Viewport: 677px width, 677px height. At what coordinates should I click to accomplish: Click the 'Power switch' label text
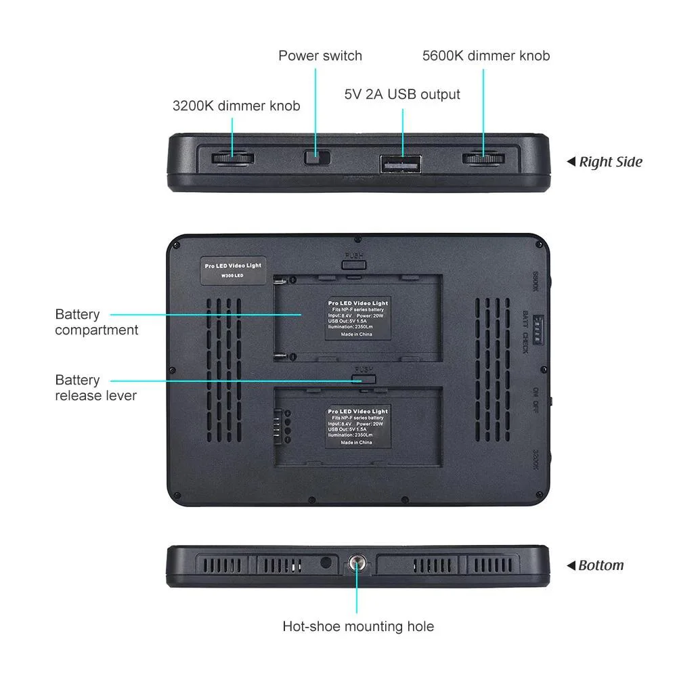point(320,56)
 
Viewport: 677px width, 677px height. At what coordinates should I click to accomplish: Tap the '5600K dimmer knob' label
point(486,56)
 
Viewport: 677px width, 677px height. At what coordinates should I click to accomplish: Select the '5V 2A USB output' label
point(402,94)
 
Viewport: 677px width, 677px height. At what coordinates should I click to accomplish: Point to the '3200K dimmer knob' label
point(236,106)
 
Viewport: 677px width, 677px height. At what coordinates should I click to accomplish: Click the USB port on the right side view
point(401,164)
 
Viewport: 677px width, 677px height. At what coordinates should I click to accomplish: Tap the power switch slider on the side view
point(315,158)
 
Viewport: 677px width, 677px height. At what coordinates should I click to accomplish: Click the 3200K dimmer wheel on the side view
point(233,158)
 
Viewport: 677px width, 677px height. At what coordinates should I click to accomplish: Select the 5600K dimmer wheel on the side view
point(483,159)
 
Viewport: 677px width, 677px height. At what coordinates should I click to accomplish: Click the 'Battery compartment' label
point(96,322)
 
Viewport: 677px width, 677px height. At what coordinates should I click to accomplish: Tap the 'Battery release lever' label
point(95,387)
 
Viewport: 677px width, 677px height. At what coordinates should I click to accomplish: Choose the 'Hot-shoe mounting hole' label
point(358,626)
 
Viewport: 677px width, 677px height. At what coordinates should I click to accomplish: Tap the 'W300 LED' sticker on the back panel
point(233,269)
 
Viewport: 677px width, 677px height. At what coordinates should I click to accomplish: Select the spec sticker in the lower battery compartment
point(357,427)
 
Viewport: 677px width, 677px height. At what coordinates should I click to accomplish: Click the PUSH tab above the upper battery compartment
point(354,261)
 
